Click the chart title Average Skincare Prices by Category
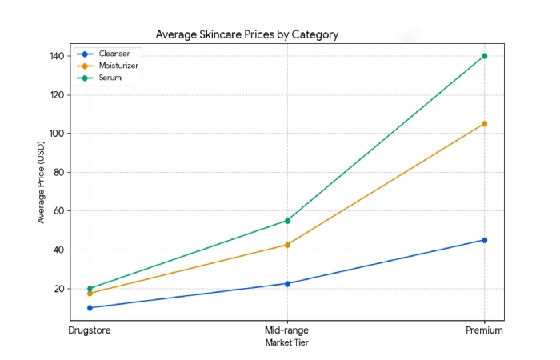[x=246, y=34]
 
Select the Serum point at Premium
[x=485, y=56]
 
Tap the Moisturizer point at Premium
[x=485, y=124]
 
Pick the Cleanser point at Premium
[x=485, y=240]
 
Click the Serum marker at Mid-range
[x=287, y=221]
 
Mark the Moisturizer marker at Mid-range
[x=287, y=245]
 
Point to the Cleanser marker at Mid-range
[x=287, y=283]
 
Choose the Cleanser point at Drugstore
[x=90, y=308]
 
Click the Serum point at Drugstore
[x=90, y=289]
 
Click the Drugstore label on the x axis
[x=90, y=330]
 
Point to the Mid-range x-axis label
[x=287, y=330]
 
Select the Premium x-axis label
[x=485, y=330]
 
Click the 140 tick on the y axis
[x=55, y=56]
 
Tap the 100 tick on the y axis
[x=55, y=134]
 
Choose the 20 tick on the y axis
[x=58, y=289]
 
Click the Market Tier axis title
[x=287, y=342]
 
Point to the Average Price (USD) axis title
[x=41, y=182]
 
